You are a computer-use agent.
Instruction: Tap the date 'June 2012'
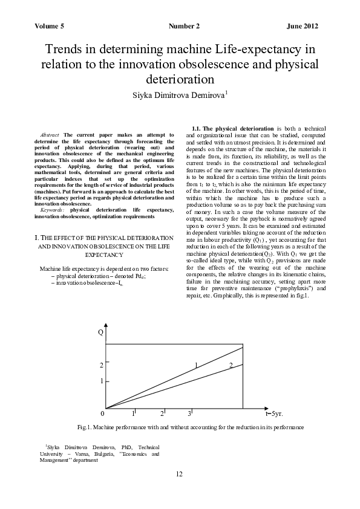coord(302,27)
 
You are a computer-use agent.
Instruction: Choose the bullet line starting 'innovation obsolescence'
coord(91,282)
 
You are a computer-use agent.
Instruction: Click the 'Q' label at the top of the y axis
coord(100,332)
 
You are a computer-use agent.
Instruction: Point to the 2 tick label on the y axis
coord(101,366)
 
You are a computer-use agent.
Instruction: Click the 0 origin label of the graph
coord(102,413)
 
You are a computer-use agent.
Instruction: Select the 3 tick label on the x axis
coord(189,413)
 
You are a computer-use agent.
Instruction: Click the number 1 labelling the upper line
coord(196,365)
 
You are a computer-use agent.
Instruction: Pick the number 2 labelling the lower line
coord(231,365)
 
